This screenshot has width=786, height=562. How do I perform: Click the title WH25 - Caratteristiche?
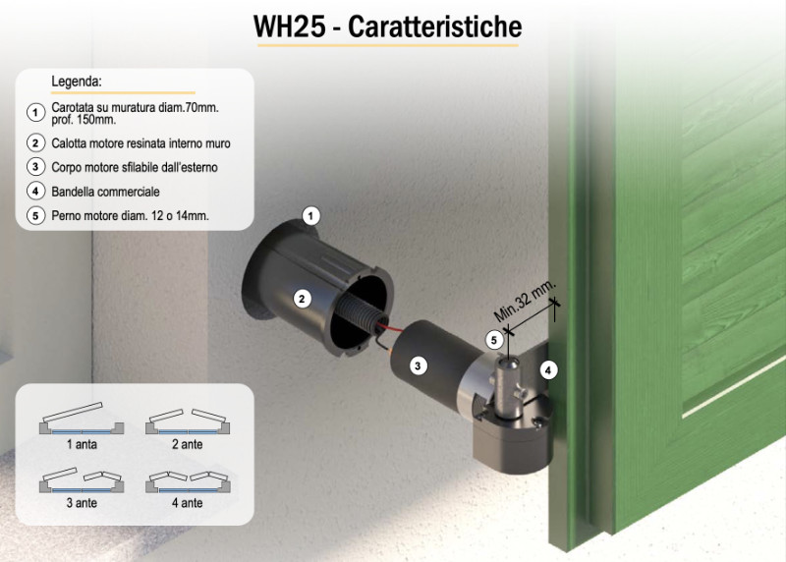point(387,27)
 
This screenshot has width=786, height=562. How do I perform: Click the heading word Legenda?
point(77,82)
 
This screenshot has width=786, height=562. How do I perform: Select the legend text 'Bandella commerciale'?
point(105,192)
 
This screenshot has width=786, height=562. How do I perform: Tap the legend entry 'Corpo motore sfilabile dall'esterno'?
point(135,167)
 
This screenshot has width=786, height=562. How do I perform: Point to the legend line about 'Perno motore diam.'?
point(130,216)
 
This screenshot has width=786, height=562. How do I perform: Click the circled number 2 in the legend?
point(35,143)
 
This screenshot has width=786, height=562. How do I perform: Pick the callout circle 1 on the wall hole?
point(310,216)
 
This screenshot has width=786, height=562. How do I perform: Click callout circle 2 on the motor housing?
point(302,300)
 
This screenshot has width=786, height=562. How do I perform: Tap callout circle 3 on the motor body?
point(419,365)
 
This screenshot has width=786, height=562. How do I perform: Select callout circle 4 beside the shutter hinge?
point(548,370)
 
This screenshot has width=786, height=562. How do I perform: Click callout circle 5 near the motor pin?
point(494,340)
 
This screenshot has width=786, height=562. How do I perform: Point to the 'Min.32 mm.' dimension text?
point(525,301)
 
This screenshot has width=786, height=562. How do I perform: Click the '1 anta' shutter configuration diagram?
point(82,419)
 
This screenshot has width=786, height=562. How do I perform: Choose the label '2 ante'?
point(188,444)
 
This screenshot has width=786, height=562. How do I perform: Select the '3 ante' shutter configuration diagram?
point(82,480)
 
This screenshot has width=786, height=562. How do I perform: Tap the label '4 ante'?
point(188,503)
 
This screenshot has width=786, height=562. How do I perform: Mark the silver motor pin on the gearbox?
point(508,386)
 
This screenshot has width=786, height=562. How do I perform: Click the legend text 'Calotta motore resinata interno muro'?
point(140,143)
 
